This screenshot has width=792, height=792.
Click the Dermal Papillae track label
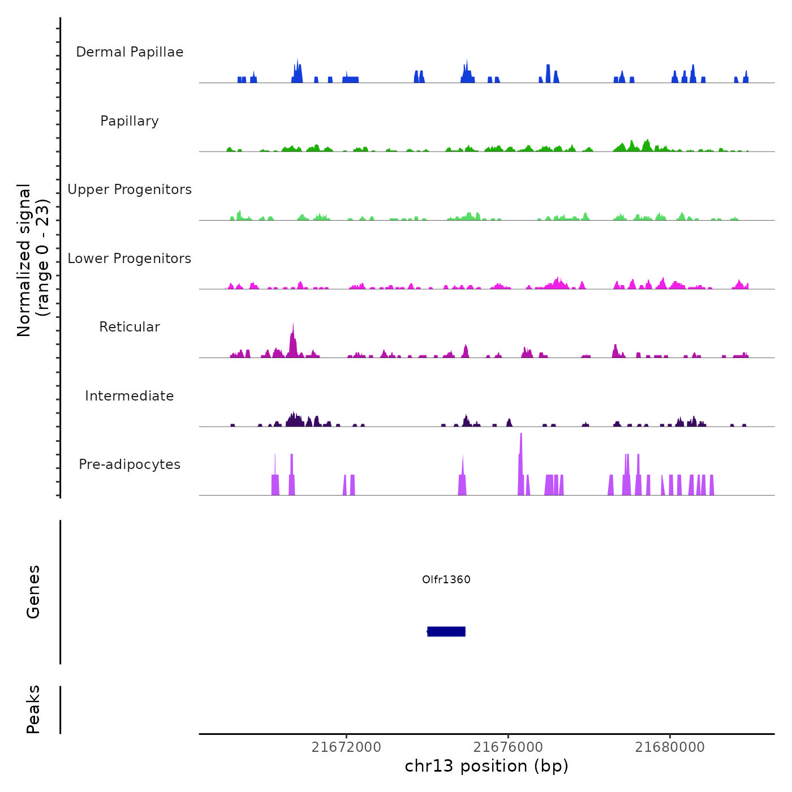(x=130, y=52)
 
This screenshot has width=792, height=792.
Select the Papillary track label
(x=130, y=121)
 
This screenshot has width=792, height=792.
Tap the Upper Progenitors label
(x=130, y=190)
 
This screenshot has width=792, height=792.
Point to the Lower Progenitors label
(x=130, y=259)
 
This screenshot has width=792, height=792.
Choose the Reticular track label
(x=130, y=327)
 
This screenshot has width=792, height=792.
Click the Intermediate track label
(x=130, y=396)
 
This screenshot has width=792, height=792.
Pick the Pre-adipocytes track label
(x=130, y=464)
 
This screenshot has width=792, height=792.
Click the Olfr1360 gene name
(x=446, y=579)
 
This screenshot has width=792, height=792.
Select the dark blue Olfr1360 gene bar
(x=446, y=631)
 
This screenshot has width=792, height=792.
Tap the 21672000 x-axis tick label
(x=346, y=747)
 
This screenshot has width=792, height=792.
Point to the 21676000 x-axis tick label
(x=508, y=747)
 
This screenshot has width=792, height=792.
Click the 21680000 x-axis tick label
(x=670, y=747)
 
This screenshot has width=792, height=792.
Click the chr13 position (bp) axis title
(x=487, y=766)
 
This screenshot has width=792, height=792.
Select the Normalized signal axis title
(x=33, y=260)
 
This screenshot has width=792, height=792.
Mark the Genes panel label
(x=33, y=592)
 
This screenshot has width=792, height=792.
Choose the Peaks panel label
(x=33, y=709)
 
